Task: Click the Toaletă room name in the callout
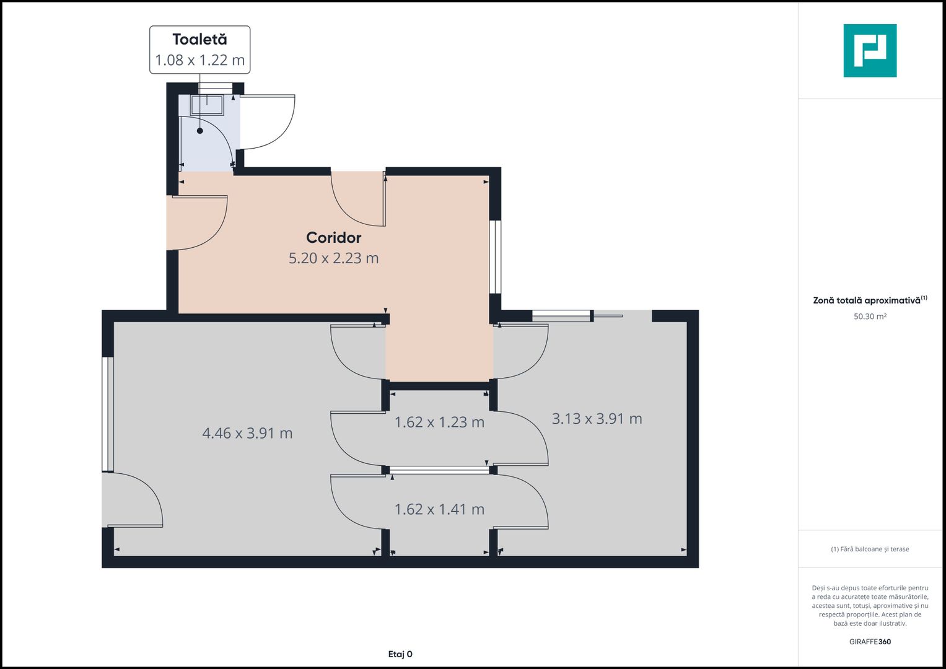click(x=199, y=39)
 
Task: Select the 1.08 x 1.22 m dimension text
click(x=199, y=60)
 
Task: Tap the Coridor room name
click(x=334, y=238)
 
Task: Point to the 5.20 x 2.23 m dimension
click(x=334, y=258)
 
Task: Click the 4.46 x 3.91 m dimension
click(x=247, y=433)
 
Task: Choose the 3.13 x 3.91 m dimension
click(x=597, y=419)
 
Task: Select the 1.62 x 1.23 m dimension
click(x=439, y=422)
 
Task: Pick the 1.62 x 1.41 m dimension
click(x=439, y=509)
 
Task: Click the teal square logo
click(x=870, y=51)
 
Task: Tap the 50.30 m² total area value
click(x=870, y=317)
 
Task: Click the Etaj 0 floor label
click(x=400, y=654)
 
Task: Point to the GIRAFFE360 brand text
click(x=870, y=642)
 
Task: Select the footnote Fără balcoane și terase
click(x=870, y=549)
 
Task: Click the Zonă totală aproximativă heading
click(x=870, y=300)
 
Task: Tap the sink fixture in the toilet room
click(x=207, y=105)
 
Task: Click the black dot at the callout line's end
click(x=199, y=131)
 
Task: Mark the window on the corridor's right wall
click(x=496, y=257)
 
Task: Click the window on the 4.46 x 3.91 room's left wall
click(x=108, y=414)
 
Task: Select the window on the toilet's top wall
click(x=216, y=88)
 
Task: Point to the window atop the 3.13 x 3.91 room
click(x=561, y=315)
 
